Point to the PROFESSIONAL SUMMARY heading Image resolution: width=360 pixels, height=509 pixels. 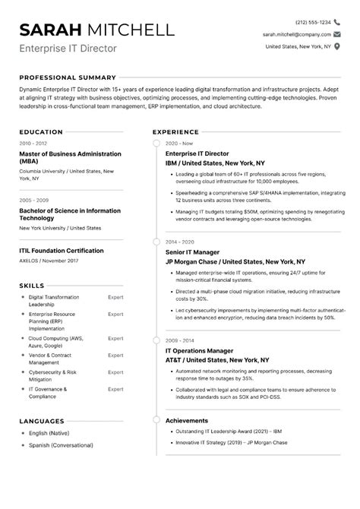click(x=68, y=77)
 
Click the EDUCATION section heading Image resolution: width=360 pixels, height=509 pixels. click(x=41, y=131)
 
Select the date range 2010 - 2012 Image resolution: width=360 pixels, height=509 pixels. click(x=33, y=143)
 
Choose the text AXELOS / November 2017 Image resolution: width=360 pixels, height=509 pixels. click(x=49, y=261)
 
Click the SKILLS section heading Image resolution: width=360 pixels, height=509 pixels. click(x=32, y=286)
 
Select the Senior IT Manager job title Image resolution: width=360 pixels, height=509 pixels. click(x=192, y=251)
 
